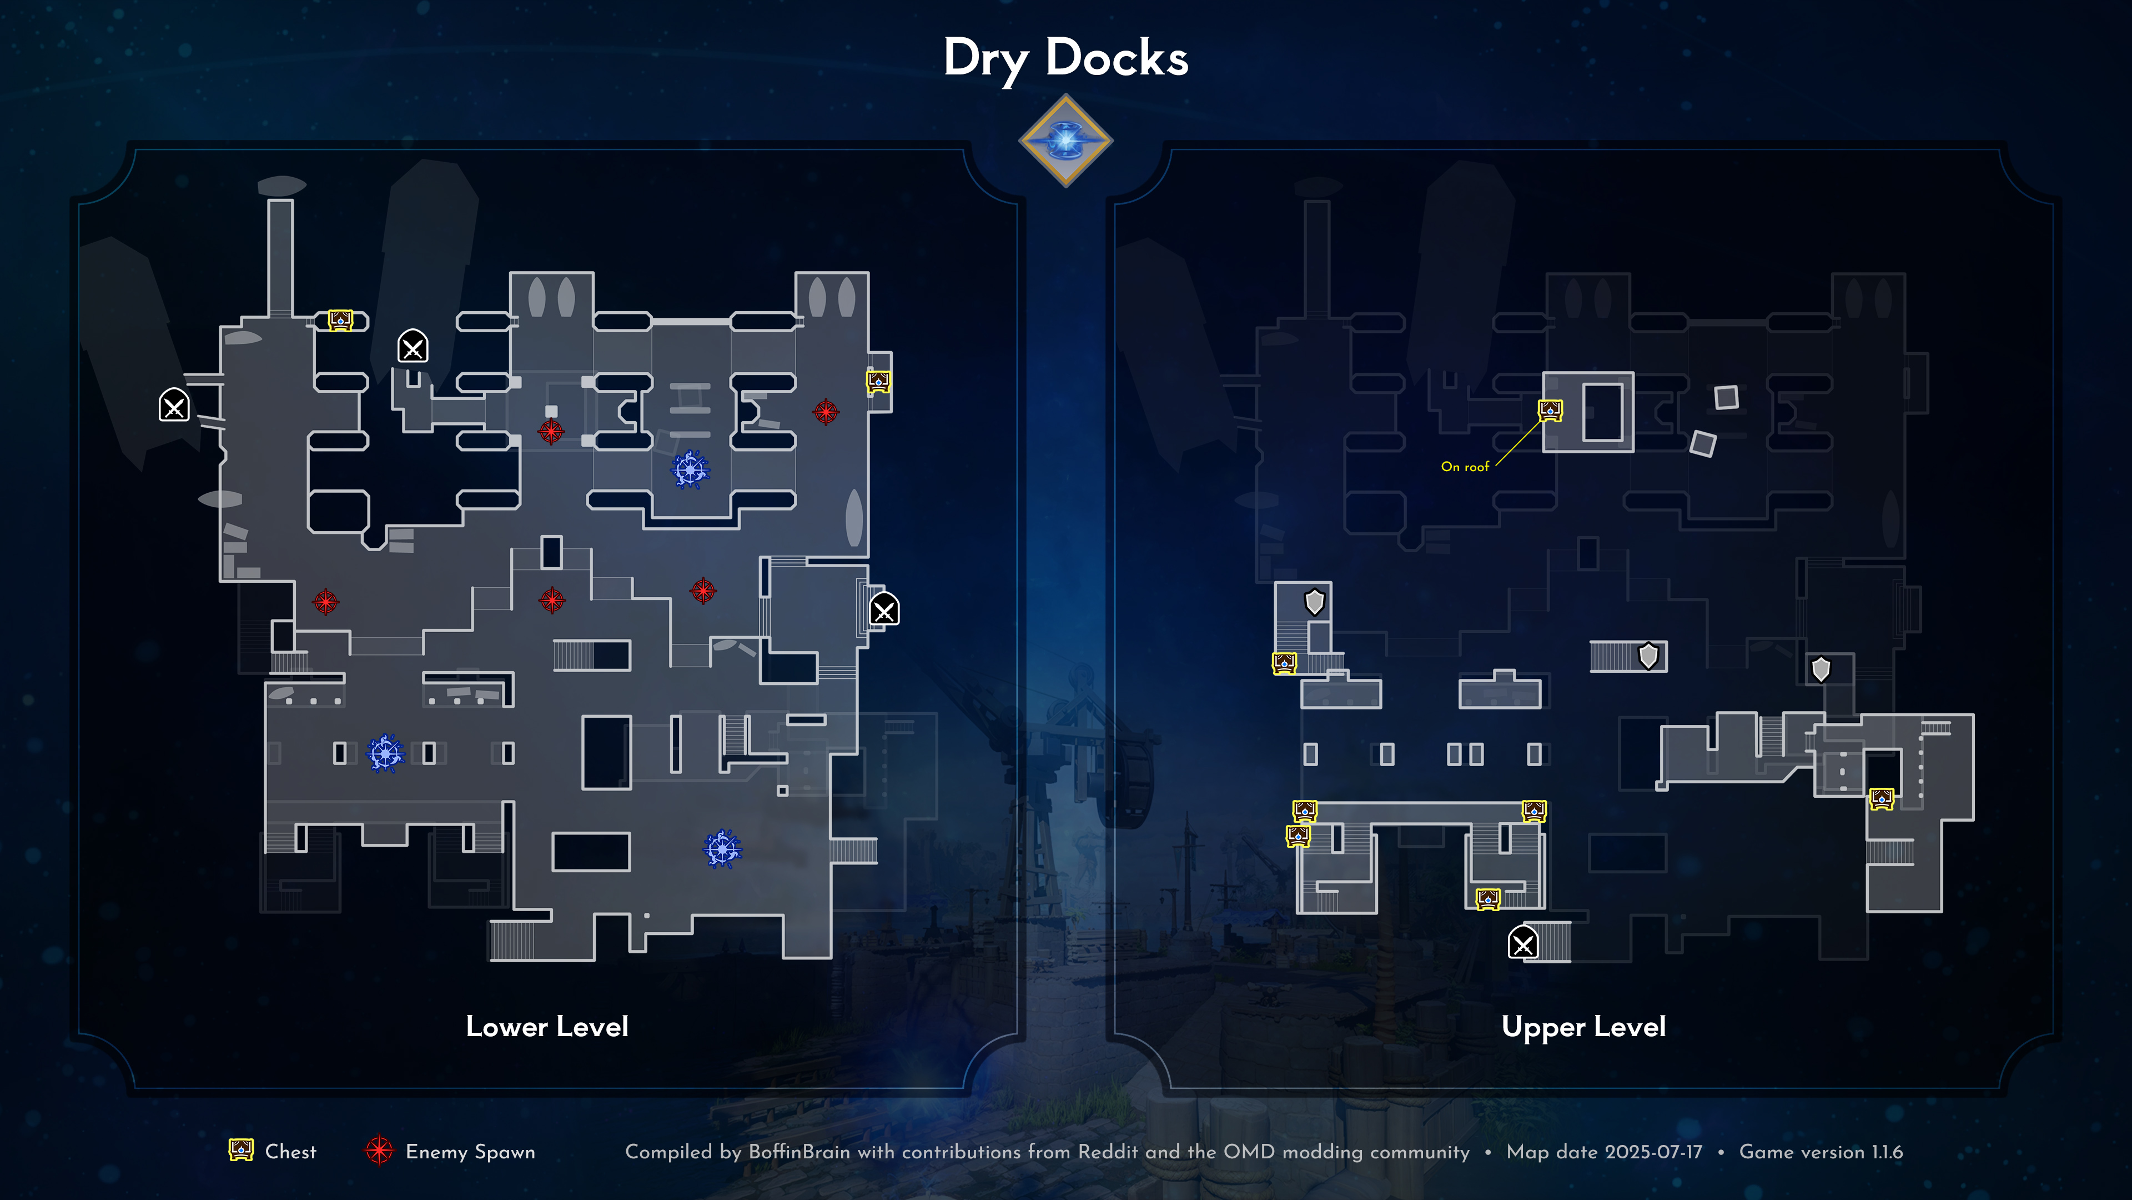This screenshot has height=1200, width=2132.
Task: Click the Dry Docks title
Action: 1065,58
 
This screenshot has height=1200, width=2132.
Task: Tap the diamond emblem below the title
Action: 1065,141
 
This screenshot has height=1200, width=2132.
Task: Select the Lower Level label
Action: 547,1027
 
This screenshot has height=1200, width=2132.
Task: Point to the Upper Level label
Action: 1583,1027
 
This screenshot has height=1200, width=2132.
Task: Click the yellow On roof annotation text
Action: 1464,467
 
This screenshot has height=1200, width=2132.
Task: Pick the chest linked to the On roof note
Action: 1550,410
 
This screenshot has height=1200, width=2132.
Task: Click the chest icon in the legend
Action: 241,1151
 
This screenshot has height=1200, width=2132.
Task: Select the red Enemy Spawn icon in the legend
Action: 379,1151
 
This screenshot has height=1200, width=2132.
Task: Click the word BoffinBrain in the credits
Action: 799,1152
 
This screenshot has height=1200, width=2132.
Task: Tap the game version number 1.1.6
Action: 1887,1152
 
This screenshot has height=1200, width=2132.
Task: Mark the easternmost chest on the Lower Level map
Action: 878,382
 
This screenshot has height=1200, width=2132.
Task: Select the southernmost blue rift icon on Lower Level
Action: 722,849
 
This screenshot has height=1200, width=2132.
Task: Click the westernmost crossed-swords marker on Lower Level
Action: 174,406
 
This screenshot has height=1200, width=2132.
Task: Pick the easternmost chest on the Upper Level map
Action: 1881,799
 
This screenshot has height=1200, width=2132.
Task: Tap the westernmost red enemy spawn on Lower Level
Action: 325,602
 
